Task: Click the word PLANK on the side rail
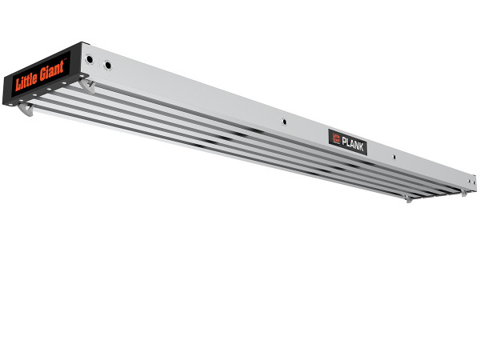point(353,142)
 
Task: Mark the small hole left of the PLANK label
point(284,122)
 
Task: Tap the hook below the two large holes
point(87,85)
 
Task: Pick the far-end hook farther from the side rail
point(408,198)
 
